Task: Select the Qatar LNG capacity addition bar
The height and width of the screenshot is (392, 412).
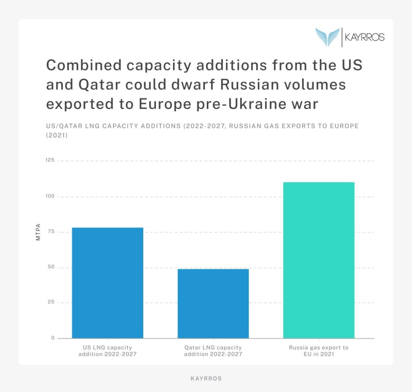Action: pos(213,303)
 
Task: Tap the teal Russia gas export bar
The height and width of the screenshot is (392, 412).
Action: pos(319,260)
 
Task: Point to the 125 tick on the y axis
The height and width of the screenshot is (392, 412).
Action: pos(50,160)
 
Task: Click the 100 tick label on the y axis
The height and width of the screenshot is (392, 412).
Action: pos(50,197)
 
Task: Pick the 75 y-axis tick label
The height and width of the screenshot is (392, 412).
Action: pos(51,232)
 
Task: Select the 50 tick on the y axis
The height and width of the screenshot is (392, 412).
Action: pos(51,267)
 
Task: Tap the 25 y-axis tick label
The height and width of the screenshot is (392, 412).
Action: pos(51,302)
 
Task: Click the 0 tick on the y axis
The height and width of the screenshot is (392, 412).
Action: pos(53,338)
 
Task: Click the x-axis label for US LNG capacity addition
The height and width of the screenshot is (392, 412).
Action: pos(107,351)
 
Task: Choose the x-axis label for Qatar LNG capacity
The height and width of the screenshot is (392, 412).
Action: pos(213,351)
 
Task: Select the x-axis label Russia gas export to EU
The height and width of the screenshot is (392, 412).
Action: pos(319,351)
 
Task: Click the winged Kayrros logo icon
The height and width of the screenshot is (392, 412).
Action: pos(328,37)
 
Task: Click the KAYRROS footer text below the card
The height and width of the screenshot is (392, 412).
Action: pos(206,379)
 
